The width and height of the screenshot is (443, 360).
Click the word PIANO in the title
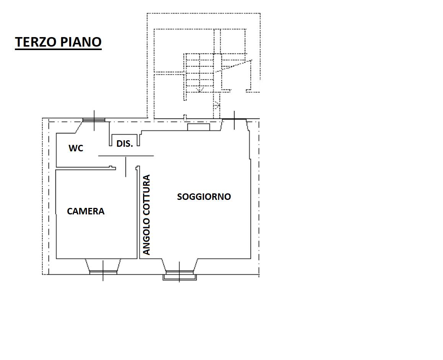(80, 42)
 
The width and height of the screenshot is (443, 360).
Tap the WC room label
(76, 148)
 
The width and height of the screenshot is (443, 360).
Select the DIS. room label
(125, 144)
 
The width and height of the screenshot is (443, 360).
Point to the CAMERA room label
(86, 211)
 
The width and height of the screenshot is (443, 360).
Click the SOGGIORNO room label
(204, 197)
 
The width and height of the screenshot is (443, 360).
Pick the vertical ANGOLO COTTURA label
(147, 215)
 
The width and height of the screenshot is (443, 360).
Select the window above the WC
(94, 120)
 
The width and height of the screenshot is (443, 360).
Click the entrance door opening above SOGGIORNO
(234, 119)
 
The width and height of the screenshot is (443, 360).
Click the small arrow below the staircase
(217, 106)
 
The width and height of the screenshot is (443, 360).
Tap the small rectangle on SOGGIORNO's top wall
(199, 127)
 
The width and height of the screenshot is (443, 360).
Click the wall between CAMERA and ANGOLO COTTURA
(138, 212)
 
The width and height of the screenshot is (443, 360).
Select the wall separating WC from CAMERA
(86, 168)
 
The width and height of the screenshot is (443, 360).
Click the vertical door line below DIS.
(126, 167)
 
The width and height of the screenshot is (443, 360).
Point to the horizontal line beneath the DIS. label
(126, 156)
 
